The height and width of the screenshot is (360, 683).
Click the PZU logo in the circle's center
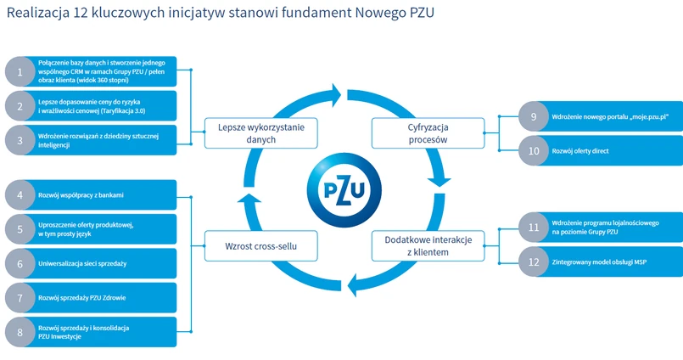pyautogui.click(x=344, y=189)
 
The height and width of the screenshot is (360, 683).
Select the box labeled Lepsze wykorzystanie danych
pyautogui.click(x=261, y=133)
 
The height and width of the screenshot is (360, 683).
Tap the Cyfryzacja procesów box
pyautogui.click(x=428, y=133)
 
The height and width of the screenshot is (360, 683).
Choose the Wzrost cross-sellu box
pyautogui.click(x=261, y=246)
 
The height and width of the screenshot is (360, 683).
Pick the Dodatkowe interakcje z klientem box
pyautogui.click(x=428, y=246)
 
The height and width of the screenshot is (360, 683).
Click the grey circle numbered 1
pyautogui.click(x=20, y=71)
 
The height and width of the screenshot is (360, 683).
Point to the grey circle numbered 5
pyautogui.click(x=20, y=229)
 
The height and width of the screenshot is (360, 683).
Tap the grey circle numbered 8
pyautogui.click(x=20, y=333)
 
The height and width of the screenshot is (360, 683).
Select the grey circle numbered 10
pyautogui.click(x=534, y=151)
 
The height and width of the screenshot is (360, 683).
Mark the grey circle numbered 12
pyautogui.click(x=534, y=262)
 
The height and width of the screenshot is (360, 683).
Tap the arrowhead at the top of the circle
pyautogui.click(x=336, y=95)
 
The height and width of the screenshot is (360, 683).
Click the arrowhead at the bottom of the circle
pyautogui.click(x=352, y=285)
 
